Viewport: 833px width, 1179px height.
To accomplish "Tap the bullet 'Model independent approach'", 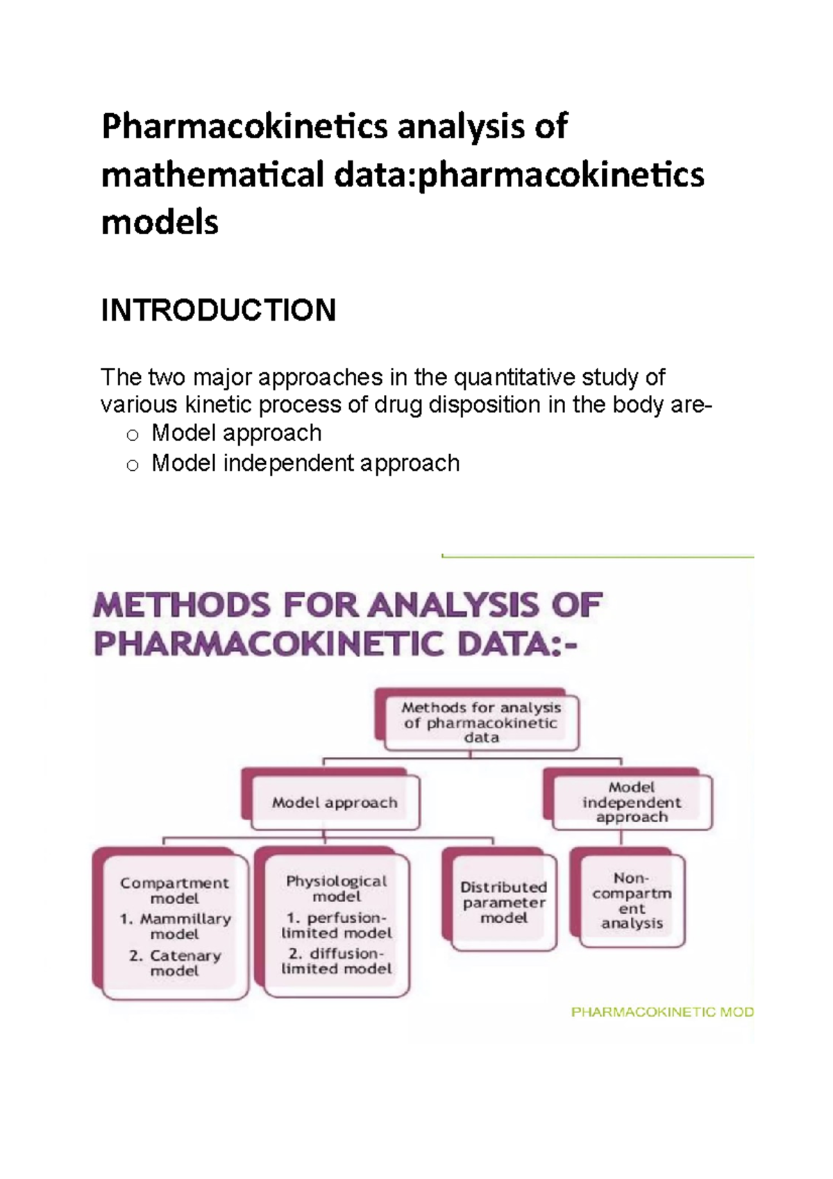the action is pyautogui.click(x=305, y=463).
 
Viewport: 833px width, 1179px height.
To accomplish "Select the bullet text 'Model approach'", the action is pyautogui.click(x=236, y=433).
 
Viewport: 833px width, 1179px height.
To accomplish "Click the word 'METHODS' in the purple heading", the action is pyautogui.click(x=182, y=605).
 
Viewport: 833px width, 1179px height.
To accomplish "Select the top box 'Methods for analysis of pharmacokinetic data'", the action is pyautogui.click(x=481, y=723).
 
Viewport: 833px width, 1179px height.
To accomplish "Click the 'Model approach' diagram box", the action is pyautogui.click(x=335, y=803).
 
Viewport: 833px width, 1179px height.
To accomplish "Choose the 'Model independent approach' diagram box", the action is pyautogui.click(x=632, y=802).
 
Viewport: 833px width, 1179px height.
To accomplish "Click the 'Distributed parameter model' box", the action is pyautogui.click(x=504, y=902).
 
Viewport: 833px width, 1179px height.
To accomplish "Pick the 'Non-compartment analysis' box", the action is pyautogui.click(x=632, y=901).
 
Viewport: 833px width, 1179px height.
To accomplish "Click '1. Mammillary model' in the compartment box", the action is pyautogui.click(x=175, y=926).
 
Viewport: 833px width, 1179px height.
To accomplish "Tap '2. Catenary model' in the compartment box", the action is pyautogui.click(x=175, y=963).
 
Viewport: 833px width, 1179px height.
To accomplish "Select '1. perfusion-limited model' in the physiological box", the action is pyautogui.click(x=337, y=925).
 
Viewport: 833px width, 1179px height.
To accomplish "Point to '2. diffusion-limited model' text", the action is pyautogui.click(x=337, y=961).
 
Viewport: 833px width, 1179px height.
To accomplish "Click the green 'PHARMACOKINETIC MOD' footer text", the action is pyautogui.click(x=662, y=1012).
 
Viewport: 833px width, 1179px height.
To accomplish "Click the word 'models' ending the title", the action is pyautogui.click(x=160, y=223).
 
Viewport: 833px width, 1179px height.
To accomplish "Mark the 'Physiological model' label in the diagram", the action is pyautogui.click(x=337, y=889).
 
